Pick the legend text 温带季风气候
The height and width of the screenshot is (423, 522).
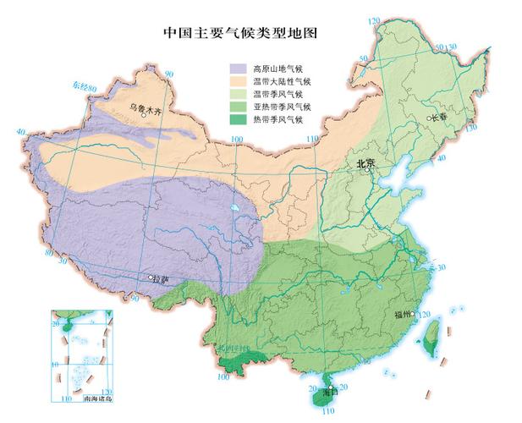[x=278, y=94]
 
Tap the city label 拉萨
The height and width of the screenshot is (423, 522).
[x=162, y=278]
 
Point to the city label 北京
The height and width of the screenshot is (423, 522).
[x=365, y=162]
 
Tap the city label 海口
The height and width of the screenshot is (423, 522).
[x=316, y=393]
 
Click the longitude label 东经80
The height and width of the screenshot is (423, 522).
[x=85, y=86]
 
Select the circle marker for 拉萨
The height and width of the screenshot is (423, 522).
[x=151, y=277]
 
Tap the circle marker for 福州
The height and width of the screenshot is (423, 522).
[x=414, y=314]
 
